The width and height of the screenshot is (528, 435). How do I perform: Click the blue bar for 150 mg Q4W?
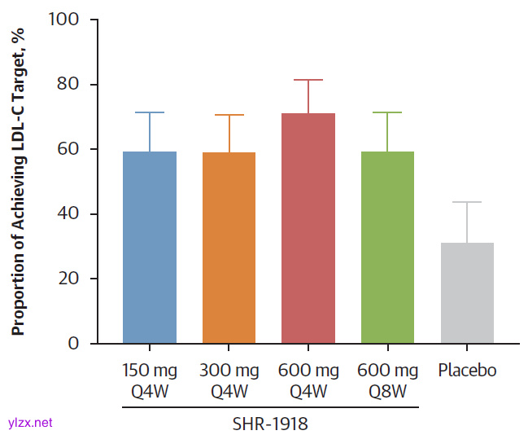coord(149,248)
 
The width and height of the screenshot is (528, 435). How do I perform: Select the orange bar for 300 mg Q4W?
coord(229,248)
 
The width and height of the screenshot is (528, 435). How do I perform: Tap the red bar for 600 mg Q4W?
coord(308,229)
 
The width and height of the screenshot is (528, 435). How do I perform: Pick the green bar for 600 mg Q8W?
coord(387,248)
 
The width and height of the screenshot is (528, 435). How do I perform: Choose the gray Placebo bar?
coord(467,293)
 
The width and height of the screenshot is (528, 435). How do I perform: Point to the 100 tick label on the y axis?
coord(64,20)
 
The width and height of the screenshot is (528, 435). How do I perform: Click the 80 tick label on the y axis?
coord(68,85)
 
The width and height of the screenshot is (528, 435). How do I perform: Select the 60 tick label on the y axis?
coord(68,149)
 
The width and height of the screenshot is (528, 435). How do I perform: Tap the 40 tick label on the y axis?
coord(68,214)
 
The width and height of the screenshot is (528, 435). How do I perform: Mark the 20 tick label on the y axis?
coord(68,279)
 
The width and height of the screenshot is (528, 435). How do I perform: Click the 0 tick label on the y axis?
coord(73,344)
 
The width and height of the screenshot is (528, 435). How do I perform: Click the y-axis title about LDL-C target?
coord(19,181)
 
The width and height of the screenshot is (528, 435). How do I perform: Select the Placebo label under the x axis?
coord(467,371)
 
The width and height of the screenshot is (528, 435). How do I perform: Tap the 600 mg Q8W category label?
coord(387,380)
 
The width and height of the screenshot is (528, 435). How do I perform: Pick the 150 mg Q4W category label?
coord(149,380)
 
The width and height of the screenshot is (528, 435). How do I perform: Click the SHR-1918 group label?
coord(270,424)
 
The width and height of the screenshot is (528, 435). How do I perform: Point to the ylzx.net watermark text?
coord(29,423)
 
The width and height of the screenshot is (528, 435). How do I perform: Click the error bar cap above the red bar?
coord(308,80)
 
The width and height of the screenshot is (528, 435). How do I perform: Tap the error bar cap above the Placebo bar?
coord(467,202)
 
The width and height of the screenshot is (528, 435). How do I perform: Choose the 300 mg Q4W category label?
coord(229,380)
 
